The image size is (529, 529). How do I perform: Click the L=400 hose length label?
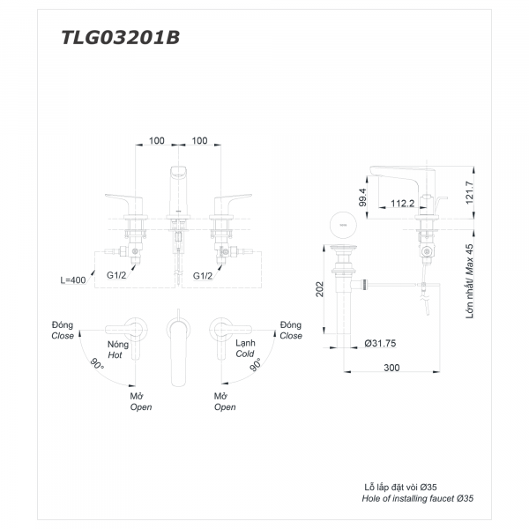[75, 279]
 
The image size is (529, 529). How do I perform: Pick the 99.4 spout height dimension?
[362, 196]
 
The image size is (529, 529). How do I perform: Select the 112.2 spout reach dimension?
[401, 204]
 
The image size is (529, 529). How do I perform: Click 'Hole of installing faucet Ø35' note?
[418, 498]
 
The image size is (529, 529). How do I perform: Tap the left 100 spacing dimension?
[156, 140]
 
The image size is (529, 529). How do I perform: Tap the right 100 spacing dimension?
[199, 140]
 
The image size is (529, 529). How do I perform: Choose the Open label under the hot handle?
[140, 407]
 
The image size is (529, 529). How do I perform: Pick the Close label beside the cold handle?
[290, 336]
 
